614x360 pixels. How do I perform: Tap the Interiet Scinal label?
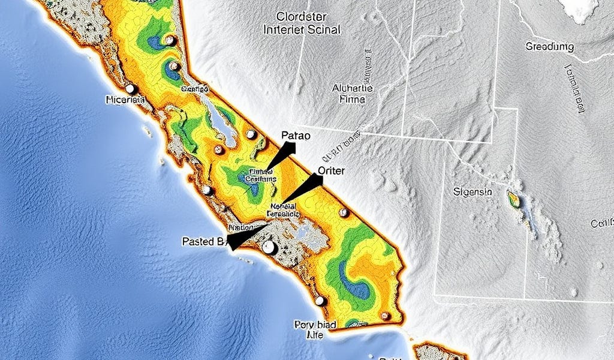click(302, 29)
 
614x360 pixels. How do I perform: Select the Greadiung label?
click(549, 46)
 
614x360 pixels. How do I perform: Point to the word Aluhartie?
click(352, 88)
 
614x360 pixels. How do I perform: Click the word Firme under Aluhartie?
click(352, 100)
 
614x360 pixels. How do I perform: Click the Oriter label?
click(331, 170)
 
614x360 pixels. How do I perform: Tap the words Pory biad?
click(315, 325)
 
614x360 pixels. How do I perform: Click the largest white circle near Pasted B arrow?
click(269, 247)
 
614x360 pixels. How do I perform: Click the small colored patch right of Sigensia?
click(514, 198)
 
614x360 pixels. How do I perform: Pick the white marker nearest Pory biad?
click(320, 301)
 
